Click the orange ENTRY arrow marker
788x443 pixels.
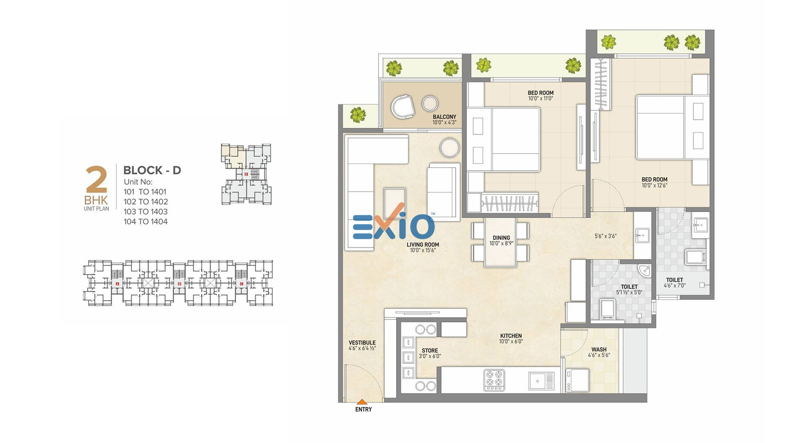(x=362, y=402)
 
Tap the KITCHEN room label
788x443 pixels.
(x=511, y=336)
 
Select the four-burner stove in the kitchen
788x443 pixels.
(x=494, y=380)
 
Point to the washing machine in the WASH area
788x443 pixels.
(x=577, y=380)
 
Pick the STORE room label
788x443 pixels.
(x=430, y=350)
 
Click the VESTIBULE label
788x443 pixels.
(x=362, y=343)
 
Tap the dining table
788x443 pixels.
(x=500, y=242)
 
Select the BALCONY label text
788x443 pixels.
(x=444, y=117)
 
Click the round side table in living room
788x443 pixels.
(x=450, y=148)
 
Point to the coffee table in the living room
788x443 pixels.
(x=394, y=203)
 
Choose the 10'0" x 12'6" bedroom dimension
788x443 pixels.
(x=654, y=185)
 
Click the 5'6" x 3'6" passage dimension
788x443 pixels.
(x=605, y=236)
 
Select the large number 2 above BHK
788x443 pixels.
(x=96, y=179)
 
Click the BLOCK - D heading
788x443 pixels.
(x=152, y=170)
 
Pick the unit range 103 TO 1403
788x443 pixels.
(x=146, y=212)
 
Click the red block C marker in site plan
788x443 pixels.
(x=241, y=284)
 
